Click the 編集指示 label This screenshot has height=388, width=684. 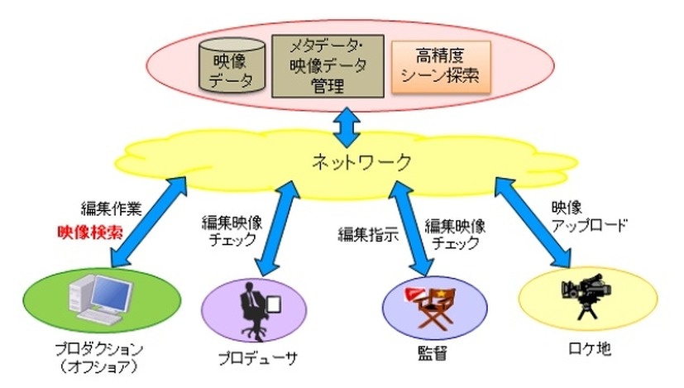point(367,233)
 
